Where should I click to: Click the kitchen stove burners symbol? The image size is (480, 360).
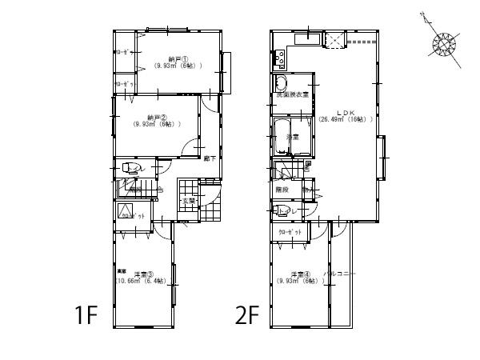pos(281,58)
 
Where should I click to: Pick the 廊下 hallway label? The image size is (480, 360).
pos(208,158)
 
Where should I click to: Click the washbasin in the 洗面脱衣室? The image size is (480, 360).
pos(282,84)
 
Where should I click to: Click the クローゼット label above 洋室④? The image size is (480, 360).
pos(291,232)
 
